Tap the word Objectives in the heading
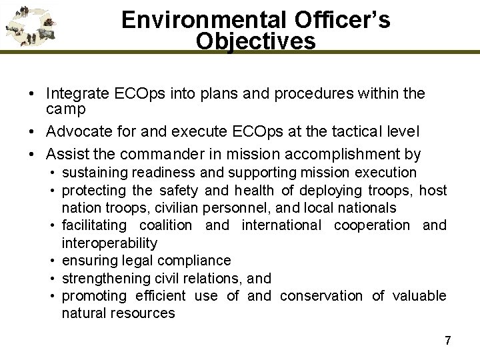click(256, 41)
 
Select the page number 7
click(447, 340)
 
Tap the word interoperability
click(109, 243)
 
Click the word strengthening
click(103, 278)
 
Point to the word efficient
click(164, 295)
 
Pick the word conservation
click(321, 295)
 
